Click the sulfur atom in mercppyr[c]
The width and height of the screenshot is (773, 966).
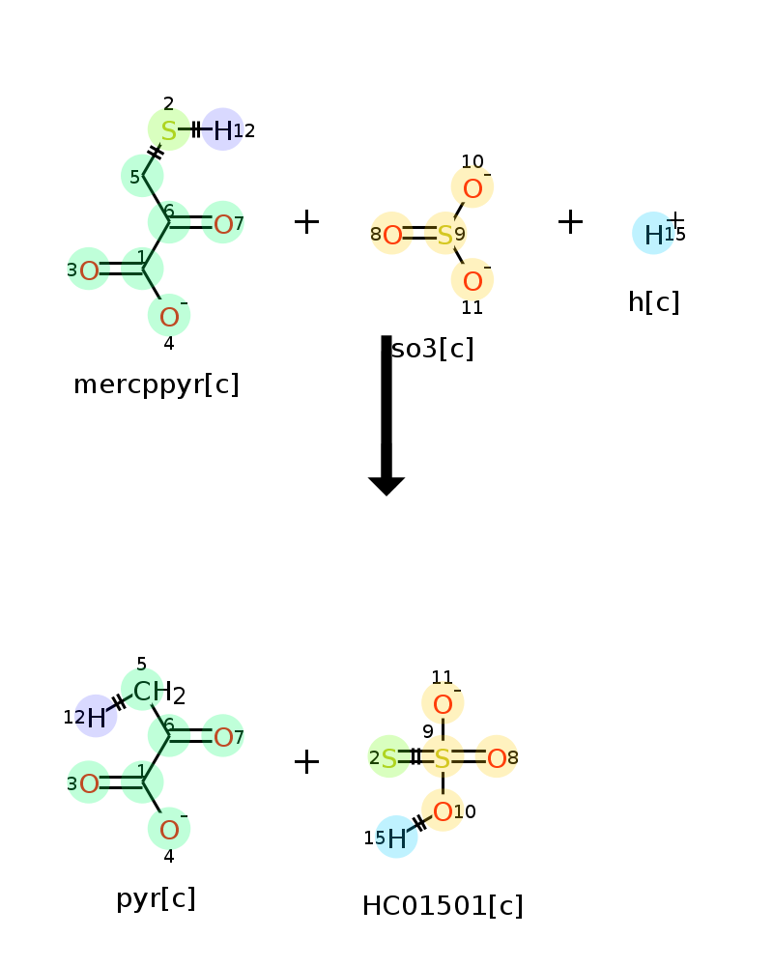pos(168,130)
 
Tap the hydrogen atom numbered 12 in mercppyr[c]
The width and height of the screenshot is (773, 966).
pos(222,130)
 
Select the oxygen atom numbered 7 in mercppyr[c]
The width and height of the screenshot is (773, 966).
pos(223,224)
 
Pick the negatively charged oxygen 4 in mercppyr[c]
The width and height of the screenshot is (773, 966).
pos(169,317)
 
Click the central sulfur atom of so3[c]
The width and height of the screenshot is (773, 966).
pos(444,235)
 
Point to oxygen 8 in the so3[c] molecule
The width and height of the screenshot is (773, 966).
pos(392,235)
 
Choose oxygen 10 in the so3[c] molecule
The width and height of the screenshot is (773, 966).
pos(472,188)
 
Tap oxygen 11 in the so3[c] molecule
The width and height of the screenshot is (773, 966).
pos(472,281)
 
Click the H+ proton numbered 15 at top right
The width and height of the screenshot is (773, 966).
pos(653,235)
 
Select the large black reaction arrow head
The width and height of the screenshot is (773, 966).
pos(386,486)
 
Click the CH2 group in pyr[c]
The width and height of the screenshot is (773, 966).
pos(159,692)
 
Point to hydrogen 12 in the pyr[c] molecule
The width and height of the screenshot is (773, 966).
pos(97,718)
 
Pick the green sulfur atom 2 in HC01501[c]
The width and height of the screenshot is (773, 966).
pos(389,758)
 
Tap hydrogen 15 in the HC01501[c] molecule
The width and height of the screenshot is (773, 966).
pos(397,838)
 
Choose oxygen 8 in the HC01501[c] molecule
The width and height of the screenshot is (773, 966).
pos(497,758)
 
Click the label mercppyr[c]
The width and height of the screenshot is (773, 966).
pos(156,385)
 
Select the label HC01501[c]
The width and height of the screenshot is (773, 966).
pos(443,906)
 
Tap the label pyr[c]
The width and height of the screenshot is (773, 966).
pos(156,898)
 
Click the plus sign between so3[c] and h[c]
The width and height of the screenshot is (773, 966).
pos(570,222)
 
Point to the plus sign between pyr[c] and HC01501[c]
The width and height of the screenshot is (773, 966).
pos(306,761)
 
